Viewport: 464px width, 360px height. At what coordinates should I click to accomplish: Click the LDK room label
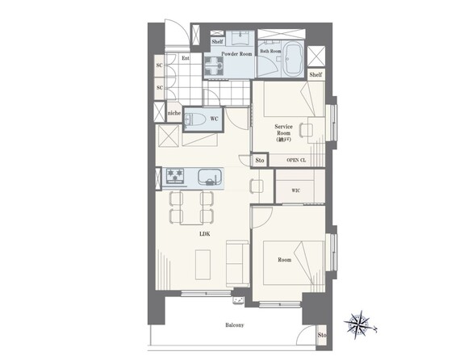[204, 234]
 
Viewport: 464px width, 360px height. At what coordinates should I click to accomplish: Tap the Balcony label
[235, 325]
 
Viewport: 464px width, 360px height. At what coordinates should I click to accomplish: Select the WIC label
[296, 190]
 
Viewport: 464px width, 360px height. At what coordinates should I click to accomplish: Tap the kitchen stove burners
[174, 176]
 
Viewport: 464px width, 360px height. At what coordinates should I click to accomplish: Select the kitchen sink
[210, 177]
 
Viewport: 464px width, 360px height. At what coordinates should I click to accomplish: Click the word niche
[174, 113]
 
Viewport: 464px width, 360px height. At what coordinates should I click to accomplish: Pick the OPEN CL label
[296, 160]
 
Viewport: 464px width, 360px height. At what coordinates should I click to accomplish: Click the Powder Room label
[236, 54]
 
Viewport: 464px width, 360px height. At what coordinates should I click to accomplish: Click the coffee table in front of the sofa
[203, 265]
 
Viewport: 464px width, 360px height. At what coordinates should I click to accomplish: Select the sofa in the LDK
[237, 263]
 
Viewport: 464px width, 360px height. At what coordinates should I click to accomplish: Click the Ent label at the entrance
[186, 58]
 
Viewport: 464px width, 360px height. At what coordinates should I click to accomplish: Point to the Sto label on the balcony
[322, 335]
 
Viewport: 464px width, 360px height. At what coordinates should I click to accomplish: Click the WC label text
[214, 119]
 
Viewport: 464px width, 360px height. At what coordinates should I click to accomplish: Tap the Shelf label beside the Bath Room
[316, 74]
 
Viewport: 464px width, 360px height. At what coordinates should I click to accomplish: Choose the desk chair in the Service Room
[307, 130]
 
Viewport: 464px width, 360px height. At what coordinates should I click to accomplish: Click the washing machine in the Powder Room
[214, 66]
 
